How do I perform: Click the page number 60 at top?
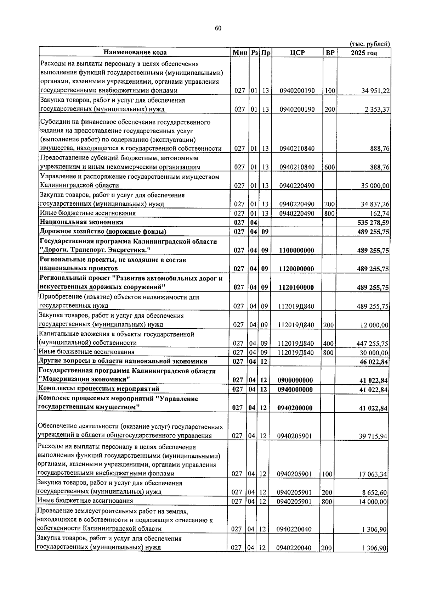(x=218, y=29)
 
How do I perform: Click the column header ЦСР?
(x=297, y=53)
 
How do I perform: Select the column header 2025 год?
(x=364, y=53)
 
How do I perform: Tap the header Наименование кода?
(x=135, y=52)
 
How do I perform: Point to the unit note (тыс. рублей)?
(x=370, y=44)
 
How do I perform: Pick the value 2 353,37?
(x=377, y=110)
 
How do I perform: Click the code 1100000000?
(x=296, y=250)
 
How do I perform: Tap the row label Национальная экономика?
(x=81, y=222)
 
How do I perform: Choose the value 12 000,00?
(x=375, y=325)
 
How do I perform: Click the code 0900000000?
(x=295, y=380)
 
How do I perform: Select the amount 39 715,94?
(x=373, y=436)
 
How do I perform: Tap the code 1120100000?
(x=296, y=287)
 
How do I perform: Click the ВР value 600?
(x=329, y=167)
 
